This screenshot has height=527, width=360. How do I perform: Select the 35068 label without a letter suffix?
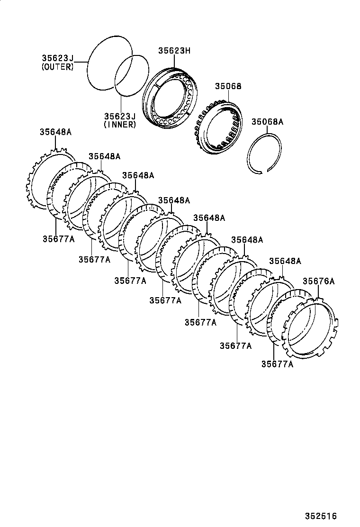pos(228,86)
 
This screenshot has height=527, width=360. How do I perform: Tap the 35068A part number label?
pos(267,122)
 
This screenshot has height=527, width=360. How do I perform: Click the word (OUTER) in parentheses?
pos(57,67)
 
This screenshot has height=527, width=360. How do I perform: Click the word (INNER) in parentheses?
pos(120,125)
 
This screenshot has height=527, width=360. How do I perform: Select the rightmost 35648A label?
pos(285,261)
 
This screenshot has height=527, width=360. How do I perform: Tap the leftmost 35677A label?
pos(58,239)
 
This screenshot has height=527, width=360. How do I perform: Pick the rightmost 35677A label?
pos(277,364)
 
